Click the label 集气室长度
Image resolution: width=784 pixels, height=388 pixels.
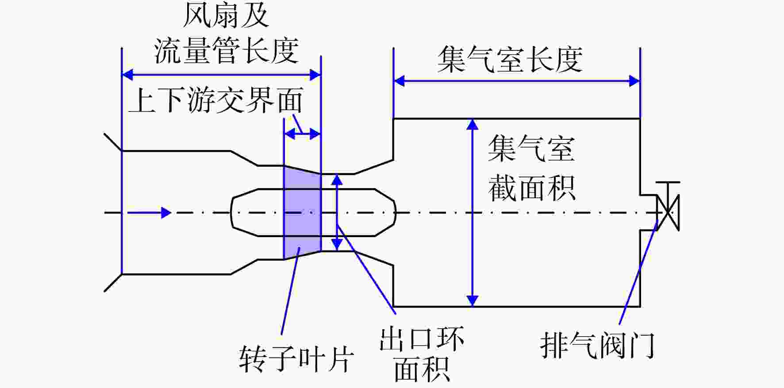click(510, 59)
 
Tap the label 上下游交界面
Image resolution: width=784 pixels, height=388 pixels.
click(216, 100)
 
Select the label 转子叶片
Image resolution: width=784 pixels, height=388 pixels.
click(296, 358)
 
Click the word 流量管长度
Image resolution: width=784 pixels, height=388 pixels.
click(226, 50)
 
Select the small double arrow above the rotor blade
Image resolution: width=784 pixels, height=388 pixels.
click(302, 134)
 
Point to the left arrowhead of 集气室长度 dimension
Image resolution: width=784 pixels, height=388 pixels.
click(399, 81)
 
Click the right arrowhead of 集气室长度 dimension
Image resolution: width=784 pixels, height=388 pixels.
click(634, 81)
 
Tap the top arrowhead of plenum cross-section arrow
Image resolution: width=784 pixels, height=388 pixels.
click(473, 124)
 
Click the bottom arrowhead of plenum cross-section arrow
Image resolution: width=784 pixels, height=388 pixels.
click(473, 301)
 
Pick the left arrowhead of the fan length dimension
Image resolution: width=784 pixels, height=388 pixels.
click(127, 74)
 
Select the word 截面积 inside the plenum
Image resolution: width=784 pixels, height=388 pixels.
click(532, 188)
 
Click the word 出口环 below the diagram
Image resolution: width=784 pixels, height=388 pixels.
click(422, 338)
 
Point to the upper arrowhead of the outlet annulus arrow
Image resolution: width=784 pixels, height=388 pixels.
click(337, 179)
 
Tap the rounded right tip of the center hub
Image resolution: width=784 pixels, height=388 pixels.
click(395, 213)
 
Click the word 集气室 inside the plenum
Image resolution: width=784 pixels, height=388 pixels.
click(532, 148)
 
